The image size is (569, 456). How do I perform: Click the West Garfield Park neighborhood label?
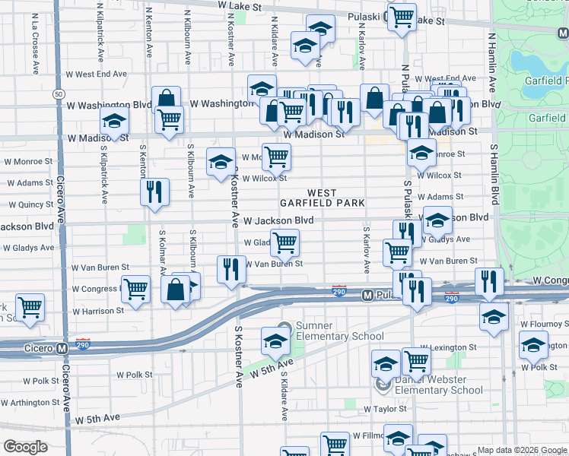[x=322, y=198]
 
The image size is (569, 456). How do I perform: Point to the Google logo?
[x=26, y=447]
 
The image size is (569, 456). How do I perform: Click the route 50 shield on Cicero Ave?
[x=59, y=93]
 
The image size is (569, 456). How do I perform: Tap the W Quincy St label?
[x=30, y=204]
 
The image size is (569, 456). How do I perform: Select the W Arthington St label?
[x=30, y=402]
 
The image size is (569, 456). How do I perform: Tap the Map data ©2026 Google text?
[x=522, y=450]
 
